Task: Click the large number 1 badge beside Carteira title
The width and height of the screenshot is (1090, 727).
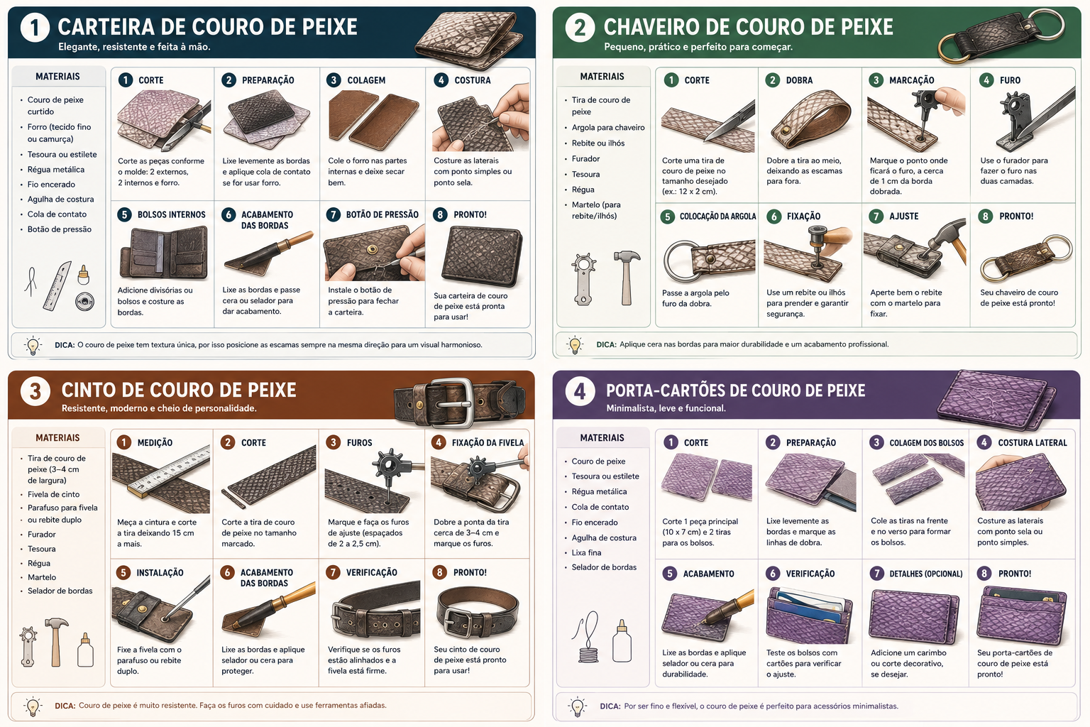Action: tap(35, 27)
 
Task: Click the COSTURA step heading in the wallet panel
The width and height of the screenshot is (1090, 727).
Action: tap(473, 80)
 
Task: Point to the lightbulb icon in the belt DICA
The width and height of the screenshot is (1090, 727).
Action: tap(33, 706)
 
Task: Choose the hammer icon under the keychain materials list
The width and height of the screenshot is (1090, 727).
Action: tap(627, 278)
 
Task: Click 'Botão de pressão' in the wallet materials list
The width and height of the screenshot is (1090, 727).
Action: tap(60, 229)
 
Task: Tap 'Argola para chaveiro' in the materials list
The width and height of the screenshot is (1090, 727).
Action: tap(608, 128)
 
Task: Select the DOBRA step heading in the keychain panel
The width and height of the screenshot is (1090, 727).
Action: tap(799, 80)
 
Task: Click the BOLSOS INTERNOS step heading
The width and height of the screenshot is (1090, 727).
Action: tap(171, 214)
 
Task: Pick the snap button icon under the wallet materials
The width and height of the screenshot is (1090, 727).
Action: tap(84, 302)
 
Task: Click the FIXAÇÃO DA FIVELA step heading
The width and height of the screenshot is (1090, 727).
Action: tap(488, 442)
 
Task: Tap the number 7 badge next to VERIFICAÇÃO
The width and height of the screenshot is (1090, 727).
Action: tap(334, 572)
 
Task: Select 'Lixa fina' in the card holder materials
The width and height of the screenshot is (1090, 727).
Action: tap(586, 552)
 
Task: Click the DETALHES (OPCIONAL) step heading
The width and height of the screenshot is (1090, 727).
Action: tap(926, 574)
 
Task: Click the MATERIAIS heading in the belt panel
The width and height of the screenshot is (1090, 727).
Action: tap(57, 438)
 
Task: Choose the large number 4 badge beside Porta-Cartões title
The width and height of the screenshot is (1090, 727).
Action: tap(580, 391)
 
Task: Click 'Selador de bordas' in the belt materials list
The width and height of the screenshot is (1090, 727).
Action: tap(60, 591)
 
